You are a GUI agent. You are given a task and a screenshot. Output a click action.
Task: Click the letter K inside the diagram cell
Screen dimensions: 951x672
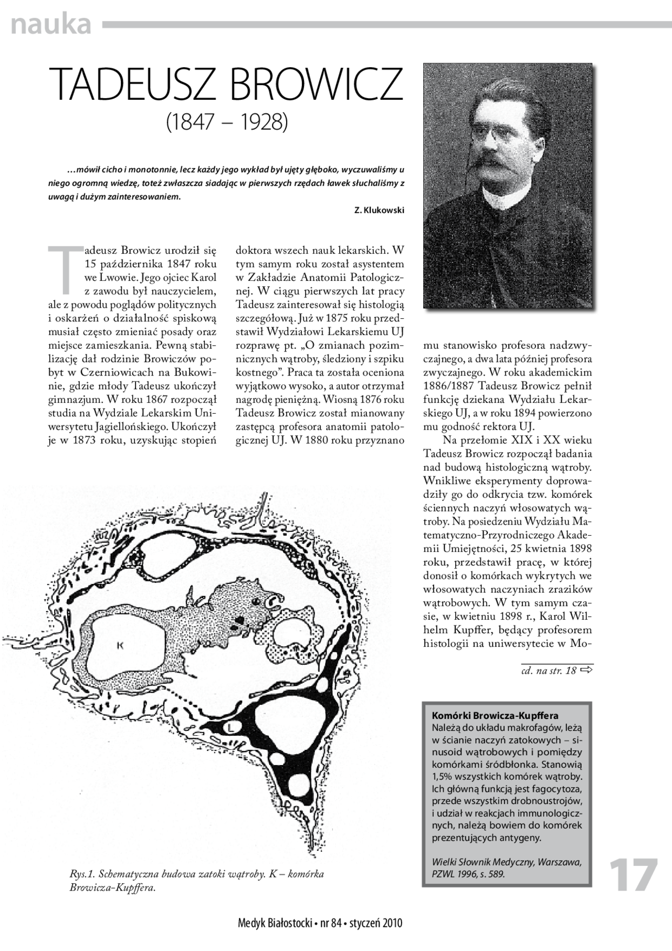[x=119, y=646]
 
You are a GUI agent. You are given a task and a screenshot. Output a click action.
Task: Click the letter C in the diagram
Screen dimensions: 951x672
[x=274, y=602]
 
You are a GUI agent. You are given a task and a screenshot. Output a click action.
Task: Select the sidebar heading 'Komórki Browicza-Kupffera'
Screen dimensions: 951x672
[x=495, y=716]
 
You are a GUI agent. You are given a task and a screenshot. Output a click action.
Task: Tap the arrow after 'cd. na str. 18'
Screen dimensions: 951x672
[x=587, y=670]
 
